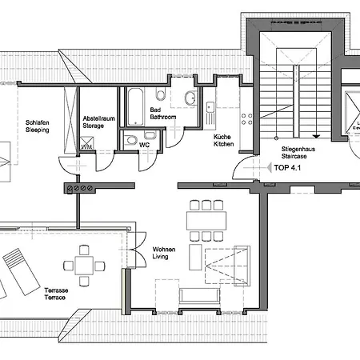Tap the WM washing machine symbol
(86, 146)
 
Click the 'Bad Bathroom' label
(163, 113)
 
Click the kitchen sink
(209, 107)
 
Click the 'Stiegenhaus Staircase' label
(297, 153)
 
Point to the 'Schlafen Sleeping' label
(37, 126)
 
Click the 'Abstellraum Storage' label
(98, 122)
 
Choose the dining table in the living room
(206, 218)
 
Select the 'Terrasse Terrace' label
(55, 294)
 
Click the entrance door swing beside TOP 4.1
(243, 170)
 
